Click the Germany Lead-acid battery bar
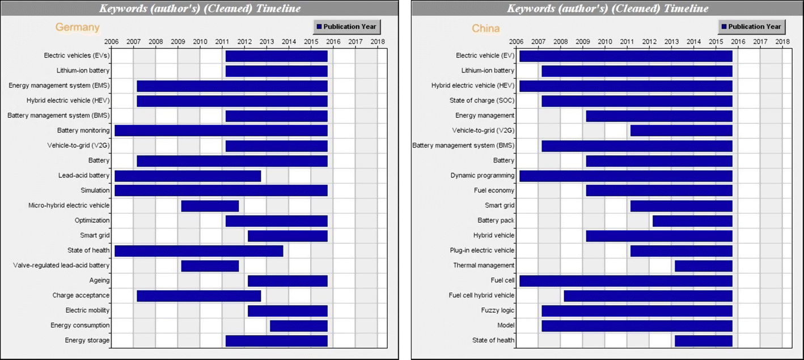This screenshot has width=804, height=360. tap(188, 176)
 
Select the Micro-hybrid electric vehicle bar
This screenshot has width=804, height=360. tap(210, 206)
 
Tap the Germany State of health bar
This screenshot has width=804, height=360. tap(198, 251)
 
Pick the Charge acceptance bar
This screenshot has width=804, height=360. tap(198, 295)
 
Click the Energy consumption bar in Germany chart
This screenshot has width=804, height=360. tap(298, 325)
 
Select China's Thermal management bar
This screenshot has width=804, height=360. tap(703, 265)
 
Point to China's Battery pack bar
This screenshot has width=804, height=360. tap(692, 221)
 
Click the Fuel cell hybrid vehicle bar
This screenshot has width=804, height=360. tap(648, 295)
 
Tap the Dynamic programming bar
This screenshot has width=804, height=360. tap(625, 176)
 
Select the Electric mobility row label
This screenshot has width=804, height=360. tap(87, 311)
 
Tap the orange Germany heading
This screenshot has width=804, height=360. tap(77, 27)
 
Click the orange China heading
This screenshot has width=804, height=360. tap(486, 28)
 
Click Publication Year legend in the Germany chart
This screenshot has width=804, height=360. tap(347, 27)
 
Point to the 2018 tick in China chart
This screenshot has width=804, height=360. tap(782, 41)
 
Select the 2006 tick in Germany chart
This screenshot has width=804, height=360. tap(111, 41)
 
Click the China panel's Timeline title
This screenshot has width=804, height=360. tap(607, 9)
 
